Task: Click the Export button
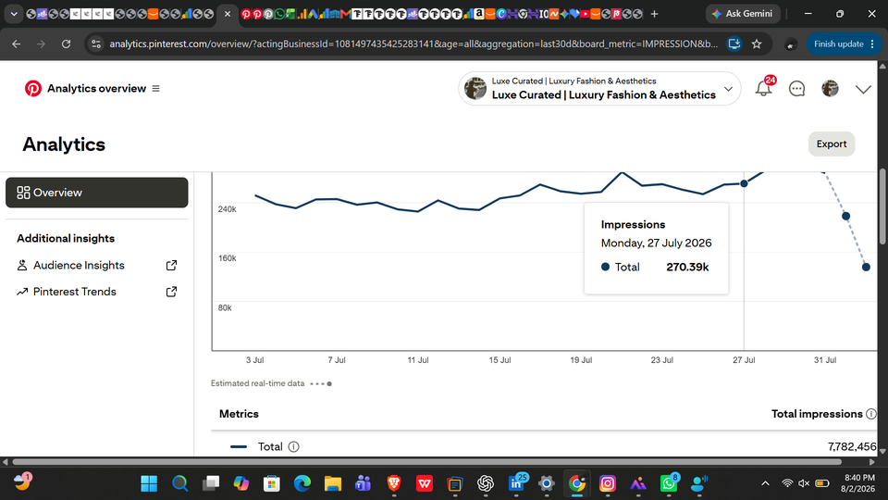(832, 144)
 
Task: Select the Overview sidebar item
(97, 193)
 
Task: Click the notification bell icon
(763, 89)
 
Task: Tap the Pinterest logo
(33, 89)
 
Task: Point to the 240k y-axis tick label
(228, 209)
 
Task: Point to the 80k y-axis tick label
(225, 307)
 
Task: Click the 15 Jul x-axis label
(499, 360)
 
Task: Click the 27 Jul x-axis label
(744, 360)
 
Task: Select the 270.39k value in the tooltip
(687, 267)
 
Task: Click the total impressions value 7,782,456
(852, 446)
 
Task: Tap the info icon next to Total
(293, 446)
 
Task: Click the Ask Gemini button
(743, 14)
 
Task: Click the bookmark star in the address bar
(757, 44)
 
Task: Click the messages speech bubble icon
(796, 89)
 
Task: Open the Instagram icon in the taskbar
(607, 483)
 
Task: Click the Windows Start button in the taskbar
(149, 483)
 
